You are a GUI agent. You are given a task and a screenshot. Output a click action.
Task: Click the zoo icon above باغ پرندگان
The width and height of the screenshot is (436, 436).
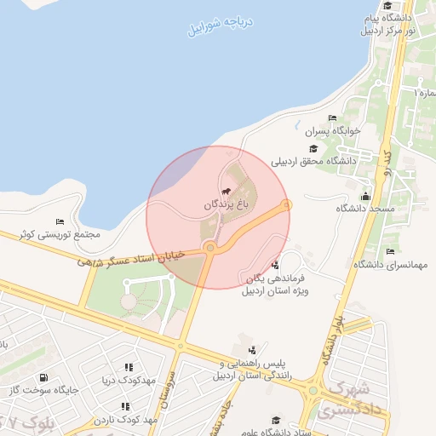pos(227,192)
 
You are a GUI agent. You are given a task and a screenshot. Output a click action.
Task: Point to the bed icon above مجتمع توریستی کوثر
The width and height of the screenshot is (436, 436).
pos(60,221)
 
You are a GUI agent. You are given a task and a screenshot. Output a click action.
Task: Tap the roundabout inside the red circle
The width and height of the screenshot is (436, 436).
pos(210,248)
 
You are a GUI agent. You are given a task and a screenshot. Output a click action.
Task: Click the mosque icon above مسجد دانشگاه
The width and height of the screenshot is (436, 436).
pos(366,196)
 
